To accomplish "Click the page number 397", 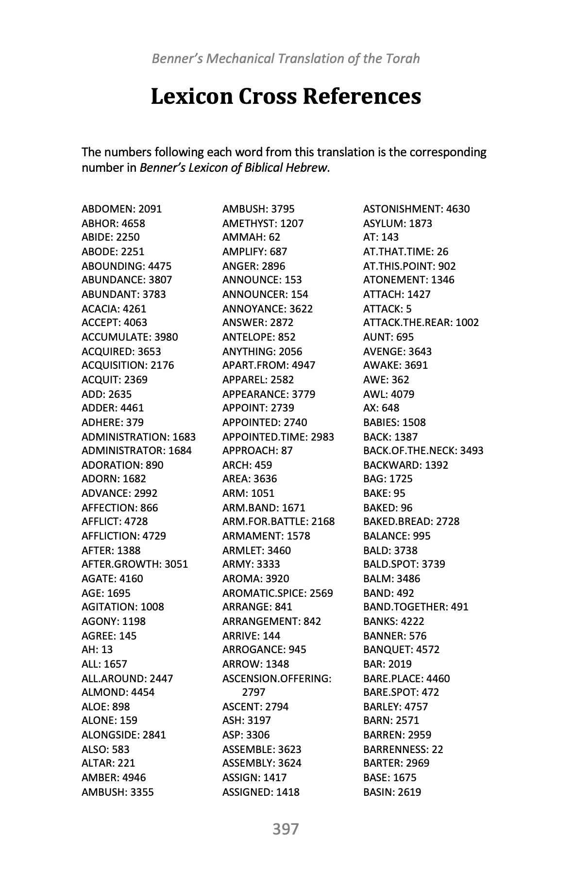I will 286,829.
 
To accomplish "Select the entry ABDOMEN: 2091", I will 122,209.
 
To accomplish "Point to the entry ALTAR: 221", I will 108,763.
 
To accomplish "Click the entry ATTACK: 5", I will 387,309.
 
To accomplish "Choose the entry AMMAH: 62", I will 251,237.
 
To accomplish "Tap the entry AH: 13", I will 97,650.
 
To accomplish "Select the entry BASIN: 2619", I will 392,792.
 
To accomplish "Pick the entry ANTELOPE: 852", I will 259,337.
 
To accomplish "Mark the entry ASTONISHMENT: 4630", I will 416,209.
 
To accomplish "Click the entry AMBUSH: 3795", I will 258,209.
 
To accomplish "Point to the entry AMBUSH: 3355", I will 118,792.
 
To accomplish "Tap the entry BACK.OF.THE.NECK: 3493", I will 423,451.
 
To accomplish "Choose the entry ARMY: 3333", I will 251,564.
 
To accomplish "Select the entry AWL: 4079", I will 388,394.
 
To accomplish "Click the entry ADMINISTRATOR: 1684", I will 136,451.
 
